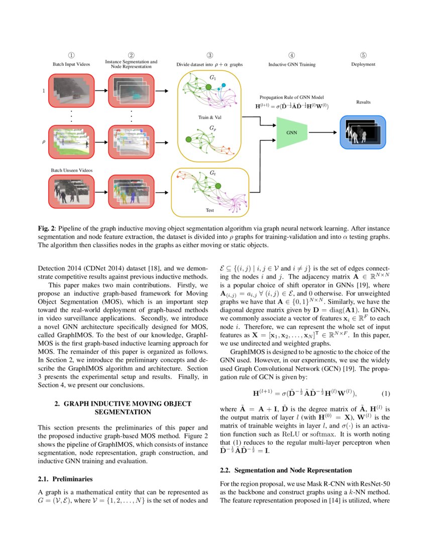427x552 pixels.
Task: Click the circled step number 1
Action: pyautogui.click(x=71, y=55)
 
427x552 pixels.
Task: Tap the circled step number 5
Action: pyautogui.click(x=363, y=55)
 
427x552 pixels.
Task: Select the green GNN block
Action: pyautogui.click(x=291, y=133)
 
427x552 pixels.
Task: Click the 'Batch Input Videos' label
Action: pyautogui.click(x=71, y=64)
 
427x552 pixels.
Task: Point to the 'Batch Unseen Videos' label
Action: pyautogui.click(x=72, y=170)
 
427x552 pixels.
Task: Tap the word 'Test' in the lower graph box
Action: pyautogui.click(x=210, y=210)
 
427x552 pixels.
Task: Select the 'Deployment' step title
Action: pyautogui.click(x=363, y=64)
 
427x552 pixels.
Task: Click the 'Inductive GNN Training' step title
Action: pyautogui.click(x=291, y=64)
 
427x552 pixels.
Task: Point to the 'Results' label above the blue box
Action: pyautogui.click(x=363, y=102)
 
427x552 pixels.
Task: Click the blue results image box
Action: pyautogui.click(x=363, y=132)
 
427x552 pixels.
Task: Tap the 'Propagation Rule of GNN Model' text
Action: pyautogui.click(x=292, y=97)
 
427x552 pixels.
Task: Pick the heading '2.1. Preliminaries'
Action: pyautogui.click(x=65, y=479)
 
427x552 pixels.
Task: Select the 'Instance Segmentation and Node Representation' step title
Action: pyautogui.click(x=131, y=64)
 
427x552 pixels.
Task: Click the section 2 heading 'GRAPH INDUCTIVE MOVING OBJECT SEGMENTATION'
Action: pyautogui.click(x=123, y=407)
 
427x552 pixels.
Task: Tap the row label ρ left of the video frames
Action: pyautogui.click(x=43, y=142)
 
